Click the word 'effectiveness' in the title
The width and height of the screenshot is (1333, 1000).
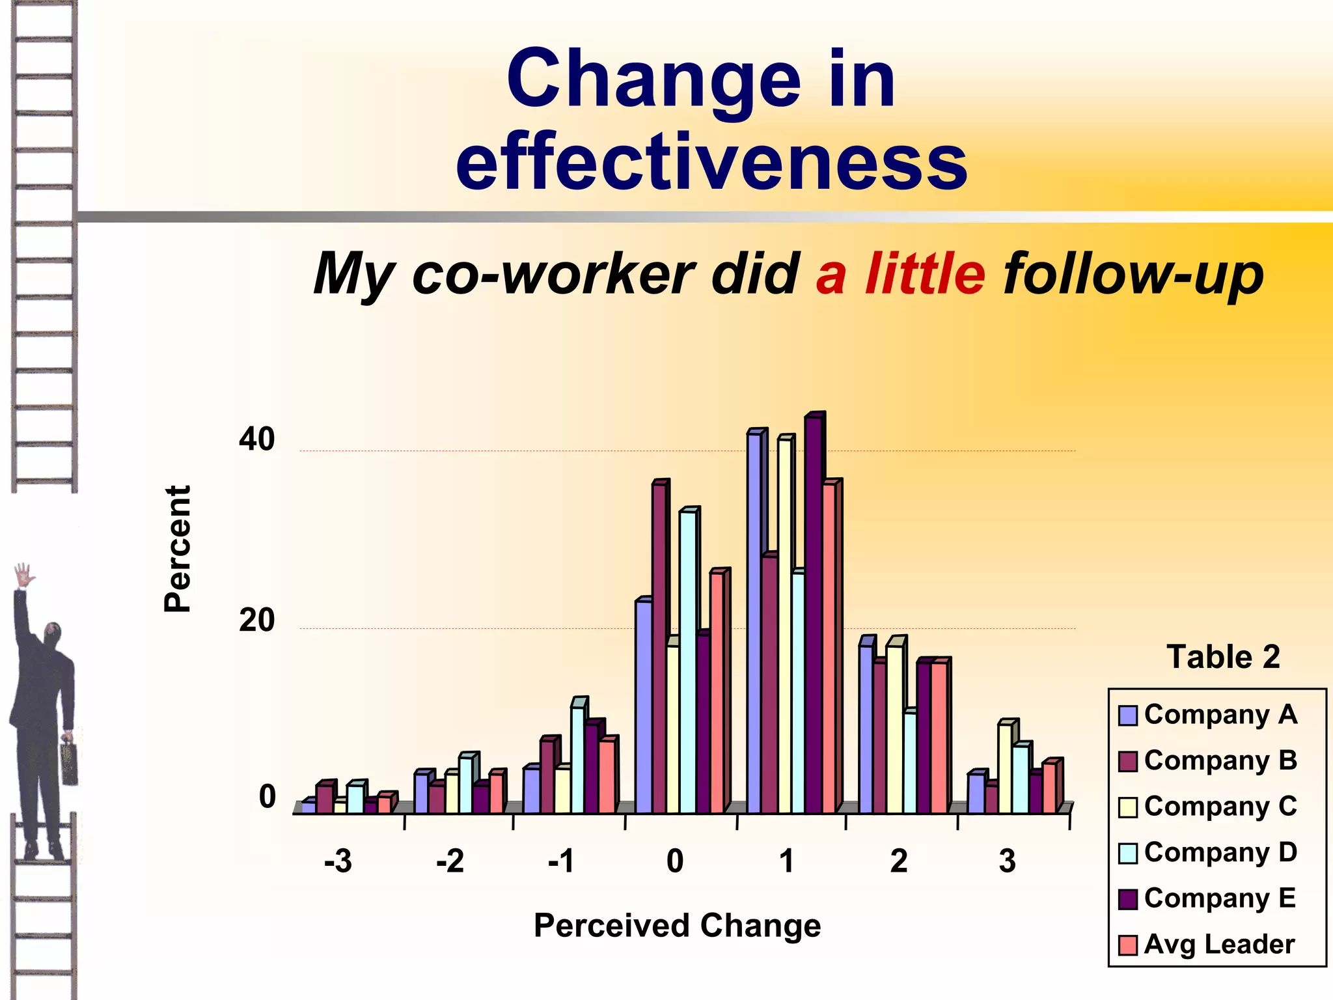(711, 161)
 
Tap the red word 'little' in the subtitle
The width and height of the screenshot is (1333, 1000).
(925, 273)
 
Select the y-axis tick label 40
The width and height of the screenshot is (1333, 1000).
(256, 439)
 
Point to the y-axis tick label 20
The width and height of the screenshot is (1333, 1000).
(256, 620)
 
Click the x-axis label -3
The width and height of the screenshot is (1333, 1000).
(338, 861)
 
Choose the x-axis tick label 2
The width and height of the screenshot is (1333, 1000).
(899, 861)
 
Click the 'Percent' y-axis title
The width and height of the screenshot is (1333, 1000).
(177, 548)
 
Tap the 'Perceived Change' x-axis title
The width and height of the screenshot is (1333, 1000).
(677, 925)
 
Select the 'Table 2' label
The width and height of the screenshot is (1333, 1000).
(1223, 656)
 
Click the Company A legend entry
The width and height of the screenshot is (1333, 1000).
(1208, 715)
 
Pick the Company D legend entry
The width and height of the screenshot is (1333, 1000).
(1208, 852)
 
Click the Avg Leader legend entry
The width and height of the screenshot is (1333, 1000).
(1208, 944)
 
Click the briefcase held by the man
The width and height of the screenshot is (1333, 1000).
(69, 762)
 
